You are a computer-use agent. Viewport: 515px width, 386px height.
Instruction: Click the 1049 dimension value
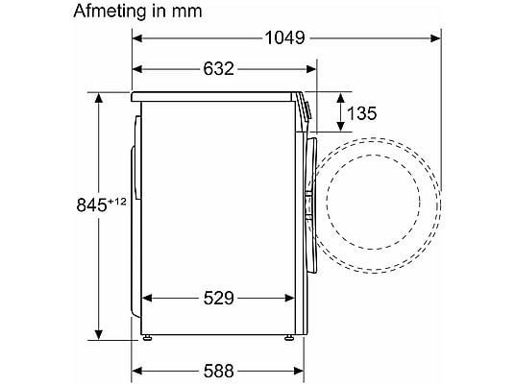(x=284, y=38)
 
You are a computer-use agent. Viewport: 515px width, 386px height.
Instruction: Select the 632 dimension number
(x=218, y=69)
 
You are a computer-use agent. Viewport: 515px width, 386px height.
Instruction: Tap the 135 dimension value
(x=361, y=113)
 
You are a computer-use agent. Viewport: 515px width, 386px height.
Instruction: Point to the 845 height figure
(x=91, y=205)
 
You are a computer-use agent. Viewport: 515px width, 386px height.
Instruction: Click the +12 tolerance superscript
(x=116, y=202)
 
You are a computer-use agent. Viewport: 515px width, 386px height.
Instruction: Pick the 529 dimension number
(x=218, y=298)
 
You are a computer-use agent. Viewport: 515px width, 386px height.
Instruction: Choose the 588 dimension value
(x=218, y=371)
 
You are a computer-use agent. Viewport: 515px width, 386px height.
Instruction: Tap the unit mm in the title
(x=186, y=12)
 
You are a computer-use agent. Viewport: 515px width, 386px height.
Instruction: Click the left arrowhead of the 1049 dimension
(x=137, y=38)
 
